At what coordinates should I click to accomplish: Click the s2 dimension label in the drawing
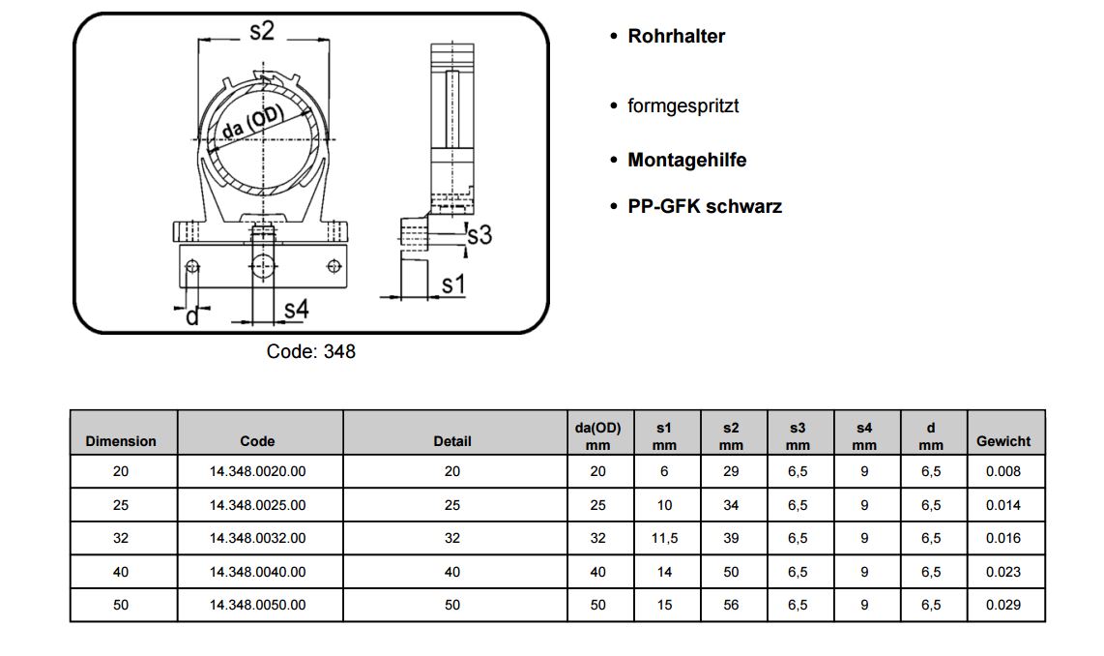[262, 31]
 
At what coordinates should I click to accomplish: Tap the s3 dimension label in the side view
[479, 235]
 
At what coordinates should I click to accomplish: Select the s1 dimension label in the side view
[453, 284]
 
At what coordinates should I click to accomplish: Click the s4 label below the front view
[296, 310]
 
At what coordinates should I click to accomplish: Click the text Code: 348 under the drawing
[310, 352]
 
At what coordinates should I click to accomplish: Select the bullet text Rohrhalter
[676, 37]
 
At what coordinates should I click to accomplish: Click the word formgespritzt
[683, 105]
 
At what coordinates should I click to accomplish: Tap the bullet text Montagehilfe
[686, 161]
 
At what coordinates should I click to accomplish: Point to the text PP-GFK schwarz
[705, 206]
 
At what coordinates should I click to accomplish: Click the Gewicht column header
[1003, 441]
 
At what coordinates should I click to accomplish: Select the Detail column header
[452, 441]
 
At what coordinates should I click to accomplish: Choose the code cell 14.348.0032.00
[257, 539]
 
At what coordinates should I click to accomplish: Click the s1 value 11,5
[663, 539]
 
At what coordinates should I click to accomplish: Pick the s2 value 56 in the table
[731, 605]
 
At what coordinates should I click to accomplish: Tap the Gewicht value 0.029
[1003, 605]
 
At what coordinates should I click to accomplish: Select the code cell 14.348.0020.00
[257, 472]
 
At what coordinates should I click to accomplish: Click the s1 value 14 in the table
[663, 572]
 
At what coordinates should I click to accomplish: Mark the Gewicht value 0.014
[1003, 505]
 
